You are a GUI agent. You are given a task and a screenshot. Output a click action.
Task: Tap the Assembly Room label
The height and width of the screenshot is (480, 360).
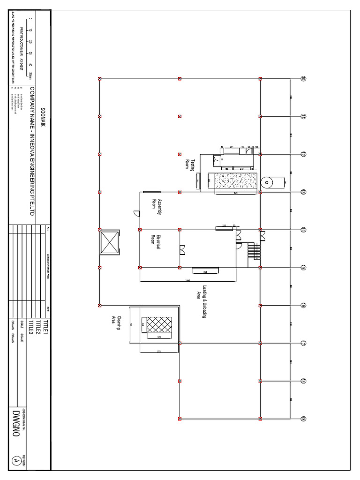(156, 207)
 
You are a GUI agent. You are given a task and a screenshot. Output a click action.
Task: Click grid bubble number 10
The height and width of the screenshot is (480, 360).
(303, 79)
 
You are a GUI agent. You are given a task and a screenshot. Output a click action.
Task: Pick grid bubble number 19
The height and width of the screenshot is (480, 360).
(303, 419)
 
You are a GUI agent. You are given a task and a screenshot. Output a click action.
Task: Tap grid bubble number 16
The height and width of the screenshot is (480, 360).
(303, 306)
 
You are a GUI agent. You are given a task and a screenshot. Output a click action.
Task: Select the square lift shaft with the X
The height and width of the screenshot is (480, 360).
(110, 243)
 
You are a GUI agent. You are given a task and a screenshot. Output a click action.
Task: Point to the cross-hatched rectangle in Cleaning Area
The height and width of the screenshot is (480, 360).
(159, 324)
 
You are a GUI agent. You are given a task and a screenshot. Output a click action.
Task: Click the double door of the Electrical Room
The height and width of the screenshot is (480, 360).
(182, 249)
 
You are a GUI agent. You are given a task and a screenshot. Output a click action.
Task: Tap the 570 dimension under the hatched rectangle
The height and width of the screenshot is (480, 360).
(159, 337)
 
